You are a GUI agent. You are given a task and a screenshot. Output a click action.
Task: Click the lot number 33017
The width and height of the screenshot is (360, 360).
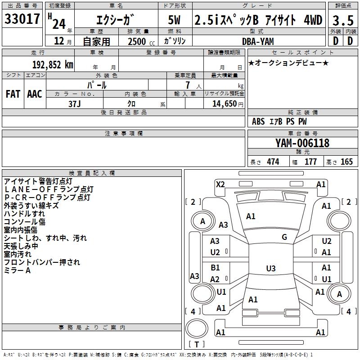[x=23, y=19]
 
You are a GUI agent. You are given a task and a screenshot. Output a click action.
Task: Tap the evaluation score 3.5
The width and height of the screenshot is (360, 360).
[x=342, y=20]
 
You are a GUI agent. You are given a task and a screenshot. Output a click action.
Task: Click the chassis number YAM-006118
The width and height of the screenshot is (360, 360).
[x=302, y=143]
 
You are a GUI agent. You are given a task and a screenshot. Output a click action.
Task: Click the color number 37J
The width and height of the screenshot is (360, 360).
[x=75, y=103]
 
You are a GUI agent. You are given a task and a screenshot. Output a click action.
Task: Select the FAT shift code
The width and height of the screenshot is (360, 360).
[x=13, y=94]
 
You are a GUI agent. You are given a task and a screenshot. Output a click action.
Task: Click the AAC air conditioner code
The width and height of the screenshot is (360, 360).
[x=35, y=94]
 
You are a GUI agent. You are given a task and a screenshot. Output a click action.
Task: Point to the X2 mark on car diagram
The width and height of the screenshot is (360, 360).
[x=220, y=184]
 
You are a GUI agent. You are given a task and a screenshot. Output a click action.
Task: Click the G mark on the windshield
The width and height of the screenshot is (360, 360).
[x=284, y=237]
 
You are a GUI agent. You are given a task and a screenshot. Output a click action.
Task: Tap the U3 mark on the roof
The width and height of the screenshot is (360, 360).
[x=270, y=269]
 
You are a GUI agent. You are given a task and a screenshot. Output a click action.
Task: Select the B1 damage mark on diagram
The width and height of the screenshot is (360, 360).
[x=215, y=268]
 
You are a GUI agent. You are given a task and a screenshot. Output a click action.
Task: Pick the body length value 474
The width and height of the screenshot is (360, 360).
[x=273, y=162]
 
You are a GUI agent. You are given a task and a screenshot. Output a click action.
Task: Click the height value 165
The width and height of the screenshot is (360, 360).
[x=346, y=162]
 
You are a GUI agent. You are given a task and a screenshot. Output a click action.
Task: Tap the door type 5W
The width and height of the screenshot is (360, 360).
[x=176, y=20]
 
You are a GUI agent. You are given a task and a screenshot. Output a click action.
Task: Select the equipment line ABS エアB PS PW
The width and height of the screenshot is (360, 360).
[x=279, y=121]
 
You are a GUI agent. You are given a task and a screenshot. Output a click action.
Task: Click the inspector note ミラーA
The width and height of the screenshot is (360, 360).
[x=17, y=270]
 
